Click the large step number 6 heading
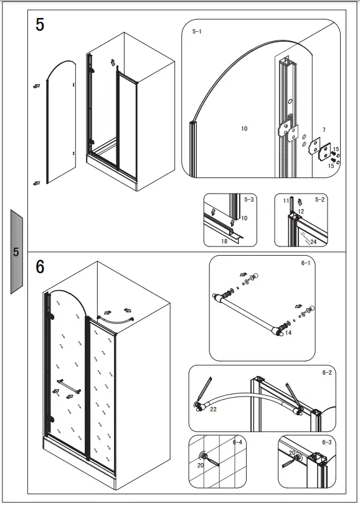pos(40,266)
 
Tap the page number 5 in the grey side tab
pos(16,252)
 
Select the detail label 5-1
pos(197,30)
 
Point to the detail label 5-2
pos(320,200)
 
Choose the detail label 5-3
pos(249,200)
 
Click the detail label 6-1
pos(306,263)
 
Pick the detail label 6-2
pos(327,372)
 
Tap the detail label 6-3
pos(327,442)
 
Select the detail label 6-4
pos(237,442)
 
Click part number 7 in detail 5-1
pos(324,130)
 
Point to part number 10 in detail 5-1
pos(244,128)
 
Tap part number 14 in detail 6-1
pos(288,333)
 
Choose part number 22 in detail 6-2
pos(213,409)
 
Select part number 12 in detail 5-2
pos(300,212)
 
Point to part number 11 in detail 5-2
pos(286,201)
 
